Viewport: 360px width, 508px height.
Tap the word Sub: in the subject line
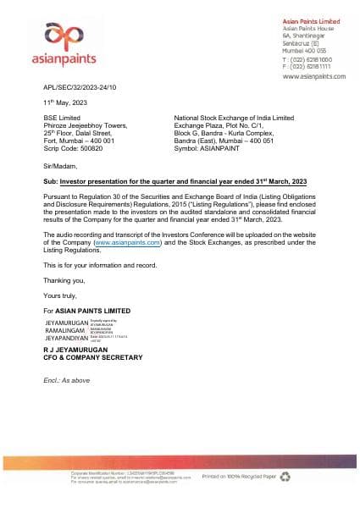click(x=51, y=182)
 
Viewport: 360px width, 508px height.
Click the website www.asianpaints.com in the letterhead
click(x=313, y=76)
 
